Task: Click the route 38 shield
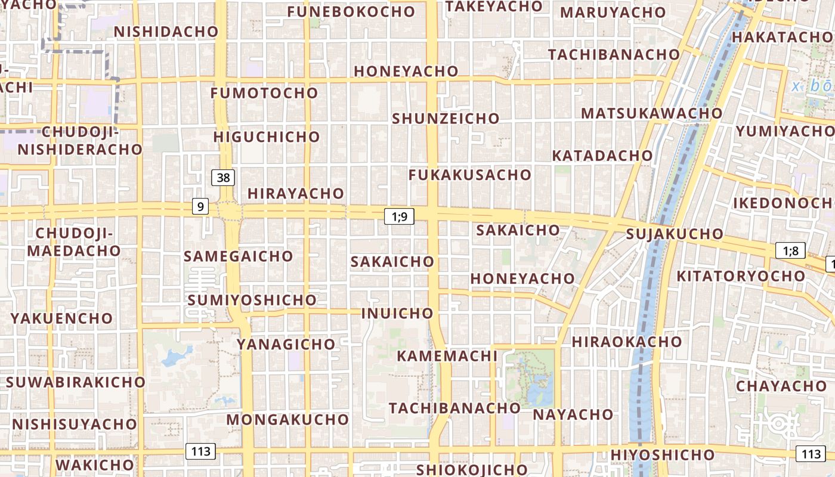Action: [x=223, y=177]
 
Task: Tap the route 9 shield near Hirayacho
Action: [x=200, y=207]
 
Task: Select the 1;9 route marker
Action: [x=399, y=216]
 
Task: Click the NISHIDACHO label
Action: [x=166, y=32]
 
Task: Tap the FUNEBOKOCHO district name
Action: [x=351, y=11]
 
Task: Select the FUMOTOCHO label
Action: [x=264, y=93]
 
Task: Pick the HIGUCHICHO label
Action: [x=267, y=137]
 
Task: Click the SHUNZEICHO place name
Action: [x=446, y=118]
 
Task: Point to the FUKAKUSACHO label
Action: [x=470, y=175]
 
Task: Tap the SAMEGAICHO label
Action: [x=239, y=256]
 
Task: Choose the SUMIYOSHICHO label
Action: [x=252, y=300]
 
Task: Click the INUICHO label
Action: [x=397, y=313]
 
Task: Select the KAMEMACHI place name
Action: [x=447, y=356]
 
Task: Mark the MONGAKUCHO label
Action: [x=287, y=419]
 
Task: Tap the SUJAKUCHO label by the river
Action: [x=675, y=234]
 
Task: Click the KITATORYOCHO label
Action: [x=741, y=276]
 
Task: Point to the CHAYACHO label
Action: [x=781, y=386]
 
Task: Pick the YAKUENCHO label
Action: [x=62, y=318]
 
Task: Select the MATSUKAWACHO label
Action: [x=652, y=113]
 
